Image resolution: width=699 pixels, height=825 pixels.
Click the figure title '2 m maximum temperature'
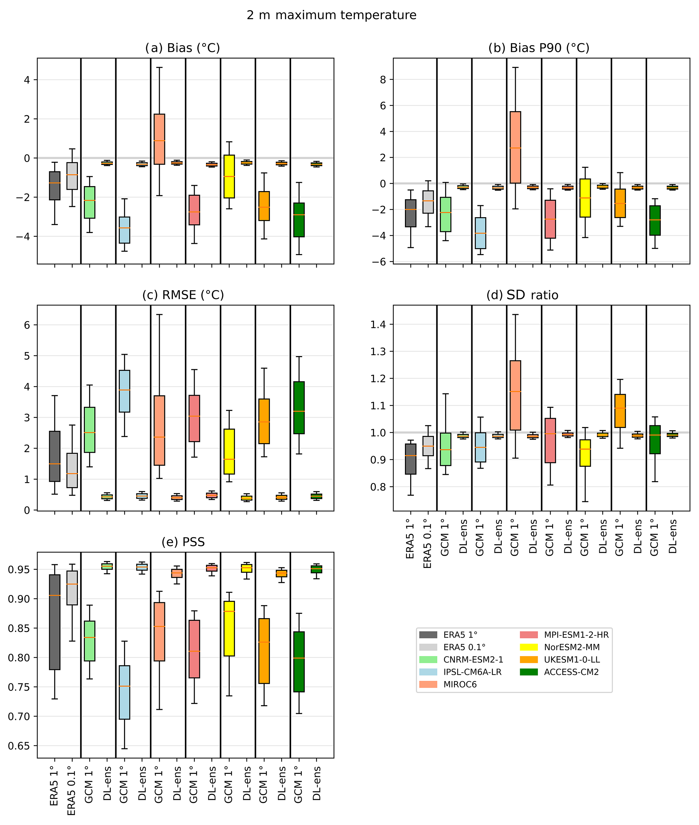331,15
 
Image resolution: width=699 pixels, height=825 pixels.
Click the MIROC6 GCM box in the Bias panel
159,139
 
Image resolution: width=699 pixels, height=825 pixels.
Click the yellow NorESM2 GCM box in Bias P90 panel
585,198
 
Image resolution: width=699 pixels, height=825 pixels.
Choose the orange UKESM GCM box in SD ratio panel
620,411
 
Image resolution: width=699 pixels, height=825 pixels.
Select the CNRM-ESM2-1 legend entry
473,659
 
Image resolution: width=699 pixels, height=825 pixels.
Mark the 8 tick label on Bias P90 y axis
383,80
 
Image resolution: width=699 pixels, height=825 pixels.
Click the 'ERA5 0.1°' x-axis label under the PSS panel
71,791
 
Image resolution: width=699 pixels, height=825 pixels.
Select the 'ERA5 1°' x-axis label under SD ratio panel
410,539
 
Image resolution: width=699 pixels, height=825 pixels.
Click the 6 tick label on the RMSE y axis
27,325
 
